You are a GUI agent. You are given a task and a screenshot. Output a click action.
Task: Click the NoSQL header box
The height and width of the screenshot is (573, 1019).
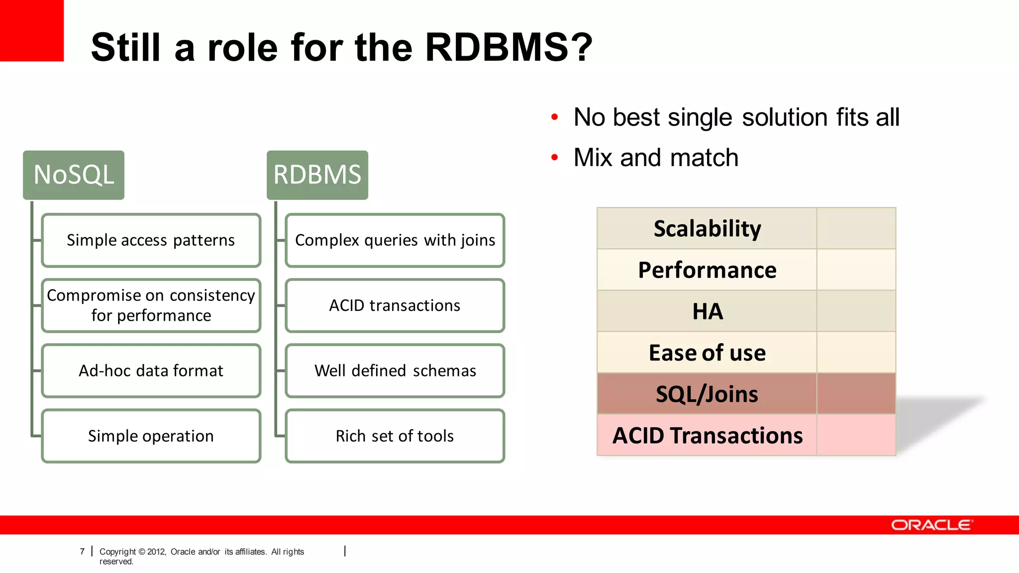point(74,175)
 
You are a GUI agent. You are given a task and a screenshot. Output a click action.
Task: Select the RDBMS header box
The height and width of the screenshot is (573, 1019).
point(317,175)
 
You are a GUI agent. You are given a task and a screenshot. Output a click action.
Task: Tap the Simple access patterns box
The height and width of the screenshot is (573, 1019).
point(151,240)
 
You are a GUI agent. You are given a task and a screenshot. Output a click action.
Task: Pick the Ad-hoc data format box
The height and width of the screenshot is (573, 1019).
point(151,371)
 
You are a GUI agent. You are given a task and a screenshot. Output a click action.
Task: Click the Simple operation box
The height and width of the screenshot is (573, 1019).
point(151,436)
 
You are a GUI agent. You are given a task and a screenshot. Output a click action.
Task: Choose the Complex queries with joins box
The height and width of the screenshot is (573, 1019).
point(395,240)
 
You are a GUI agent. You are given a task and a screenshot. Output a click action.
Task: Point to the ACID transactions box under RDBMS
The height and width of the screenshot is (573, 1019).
point(395,305)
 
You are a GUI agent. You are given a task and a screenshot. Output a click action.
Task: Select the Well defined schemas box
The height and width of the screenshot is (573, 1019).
point(395,371)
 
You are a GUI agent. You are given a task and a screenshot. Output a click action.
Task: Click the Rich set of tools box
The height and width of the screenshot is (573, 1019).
point(395,436)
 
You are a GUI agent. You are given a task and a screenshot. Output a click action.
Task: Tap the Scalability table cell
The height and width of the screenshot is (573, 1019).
point(707,229)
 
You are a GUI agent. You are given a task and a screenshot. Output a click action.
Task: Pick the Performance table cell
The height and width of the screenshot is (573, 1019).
point(707,270)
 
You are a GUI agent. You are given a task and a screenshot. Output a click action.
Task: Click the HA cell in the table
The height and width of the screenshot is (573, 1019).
point(707,311)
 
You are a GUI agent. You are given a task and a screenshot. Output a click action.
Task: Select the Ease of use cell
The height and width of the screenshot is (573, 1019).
point(707,353)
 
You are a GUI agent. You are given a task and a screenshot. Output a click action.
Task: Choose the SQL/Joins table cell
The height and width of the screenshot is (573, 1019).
point(707,394)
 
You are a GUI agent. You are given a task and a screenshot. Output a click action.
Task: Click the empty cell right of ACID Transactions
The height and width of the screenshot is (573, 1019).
point(856,435)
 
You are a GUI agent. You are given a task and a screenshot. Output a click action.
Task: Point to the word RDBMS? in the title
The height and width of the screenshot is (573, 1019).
point(509,47)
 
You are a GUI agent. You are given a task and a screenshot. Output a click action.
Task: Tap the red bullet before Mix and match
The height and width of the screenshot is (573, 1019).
point(555,158)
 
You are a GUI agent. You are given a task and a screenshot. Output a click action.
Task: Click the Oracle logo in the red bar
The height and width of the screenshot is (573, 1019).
point(931,525)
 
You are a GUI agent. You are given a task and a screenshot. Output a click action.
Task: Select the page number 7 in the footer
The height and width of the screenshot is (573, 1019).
point(82,552)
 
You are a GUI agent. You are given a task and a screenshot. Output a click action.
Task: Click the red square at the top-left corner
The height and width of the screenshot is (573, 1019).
point(31,30)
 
